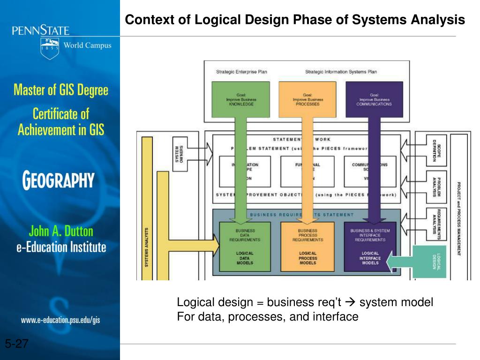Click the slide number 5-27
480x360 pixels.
17,345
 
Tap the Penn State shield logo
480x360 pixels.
50,48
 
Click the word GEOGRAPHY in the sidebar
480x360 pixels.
59,180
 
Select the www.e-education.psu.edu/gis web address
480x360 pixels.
60,320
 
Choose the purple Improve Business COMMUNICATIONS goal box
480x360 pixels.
374,100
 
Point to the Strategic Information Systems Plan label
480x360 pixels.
341,72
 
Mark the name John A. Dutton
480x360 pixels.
61,231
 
